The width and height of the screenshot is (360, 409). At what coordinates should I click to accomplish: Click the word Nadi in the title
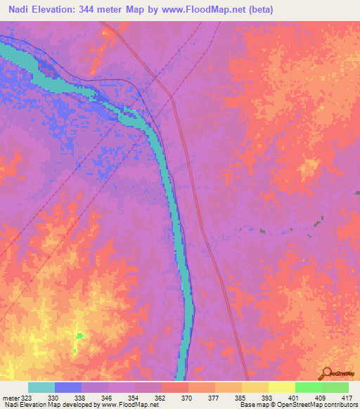pos(21,9)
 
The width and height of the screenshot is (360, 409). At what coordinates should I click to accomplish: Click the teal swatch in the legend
pos(41,387)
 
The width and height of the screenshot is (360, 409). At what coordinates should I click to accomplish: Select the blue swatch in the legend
pos(68,387)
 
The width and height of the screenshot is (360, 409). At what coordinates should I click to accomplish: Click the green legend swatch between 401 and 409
pos(309,387)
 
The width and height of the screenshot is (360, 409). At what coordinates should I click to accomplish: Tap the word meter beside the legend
pos(9,397)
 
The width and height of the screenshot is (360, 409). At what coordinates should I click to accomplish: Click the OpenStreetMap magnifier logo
pos(326,373)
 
